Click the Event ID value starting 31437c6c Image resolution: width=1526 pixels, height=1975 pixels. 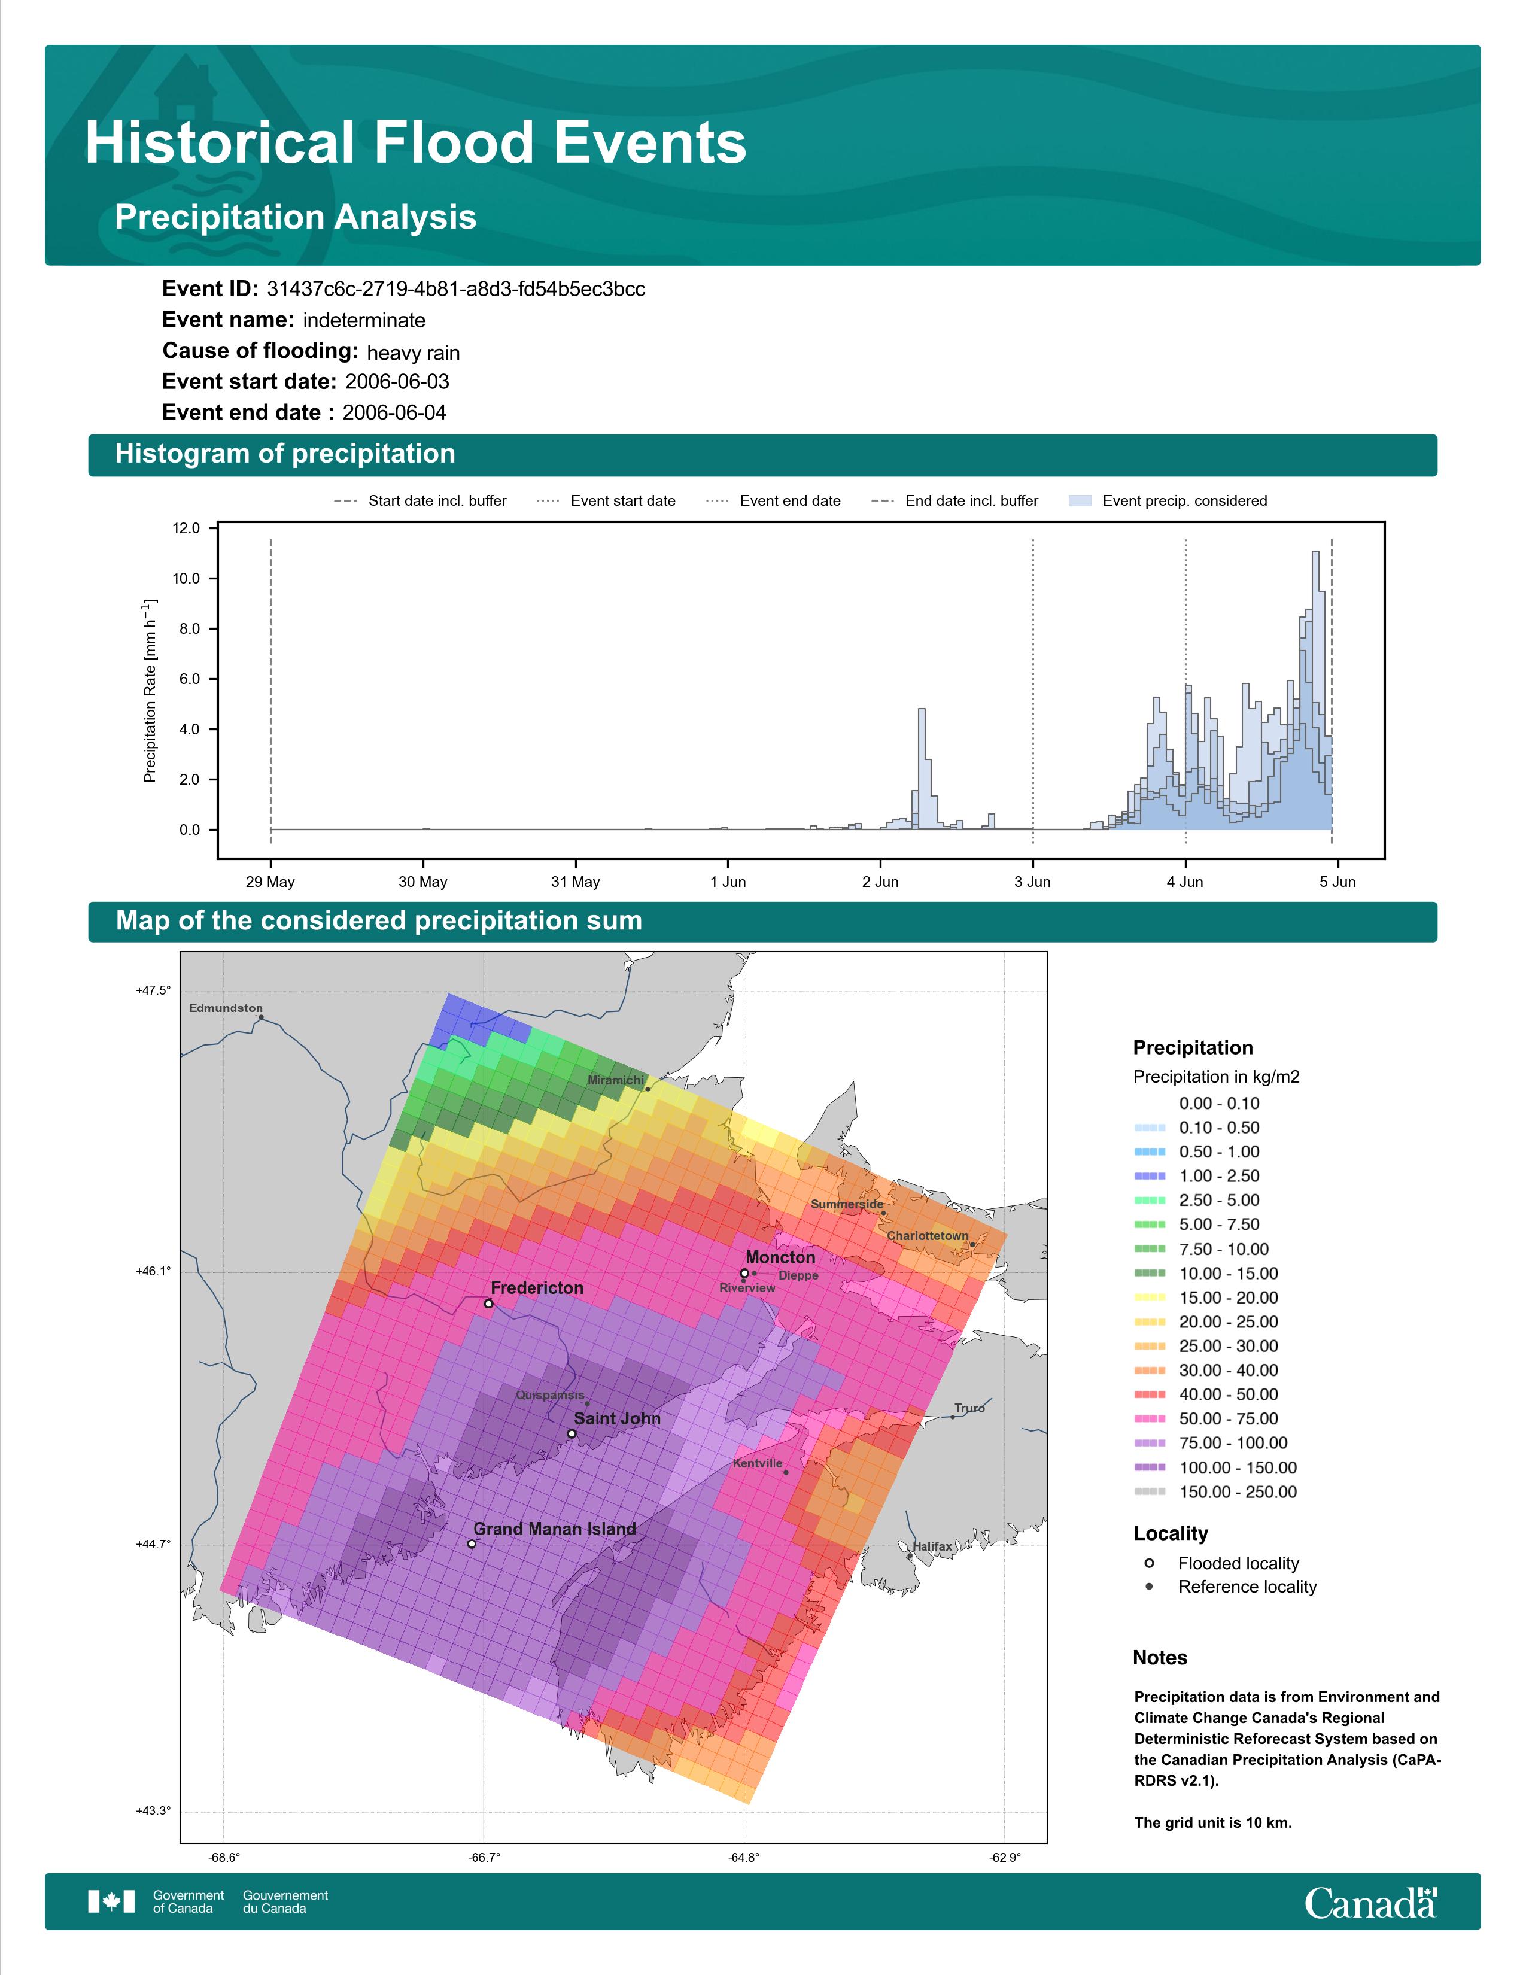455,290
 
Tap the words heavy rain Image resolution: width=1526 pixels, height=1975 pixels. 413,353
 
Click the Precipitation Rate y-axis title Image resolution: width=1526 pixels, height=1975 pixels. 150,690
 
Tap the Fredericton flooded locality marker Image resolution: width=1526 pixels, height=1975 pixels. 488,1304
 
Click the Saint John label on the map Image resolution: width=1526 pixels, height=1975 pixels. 618,1419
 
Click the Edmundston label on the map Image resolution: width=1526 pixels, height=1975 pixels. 226,1008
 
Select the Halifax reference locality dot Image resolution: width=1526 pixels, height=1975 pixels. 910,1556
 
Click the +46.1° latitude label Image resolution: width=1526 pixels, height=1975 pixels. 153,1271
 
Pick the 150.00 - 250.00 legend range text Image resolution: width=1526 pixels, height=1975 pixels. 1238,1492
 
